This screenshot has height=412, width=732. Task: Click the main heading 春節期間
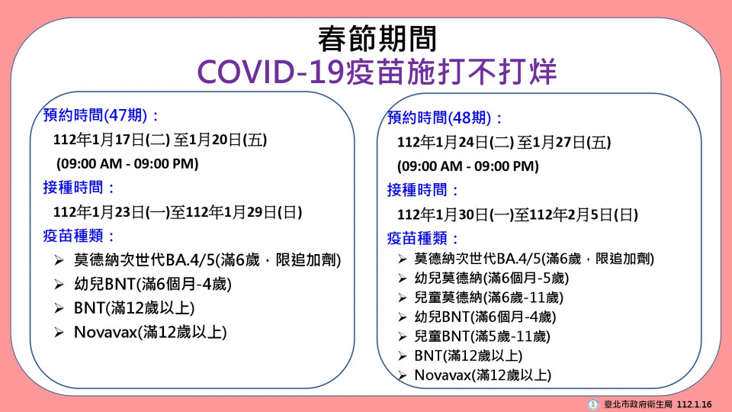pyautogui.click(x=377, y=39)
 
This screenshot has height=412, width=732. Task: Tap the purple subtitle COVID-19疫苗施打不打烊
pyautogui.click(x=377, y=72)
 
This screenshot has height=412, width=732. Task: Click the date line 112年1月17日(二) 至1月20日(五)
pyautogui.click(x=160, y=140)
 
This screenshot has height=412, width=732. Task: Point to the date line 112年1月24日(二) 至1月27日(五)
pyautogui.click(x=504, y=143)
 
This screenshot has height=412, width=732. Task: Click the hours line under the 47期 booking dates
pyautogui.click(x=127, y=163)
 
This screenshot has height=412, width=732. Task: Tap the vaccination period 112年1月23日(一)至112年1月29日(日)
pyautogui.click(x=178, y=212)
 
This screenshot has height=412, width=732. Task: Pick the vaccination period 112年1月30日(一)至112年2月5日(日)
pyautogui.click(x=518, y=215)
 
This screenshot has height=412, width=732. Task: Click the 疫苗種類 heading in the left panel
pyautogui.click(x=79, y=236)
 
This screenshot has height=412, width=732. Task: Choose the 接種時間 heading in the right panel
pyautogui.click(x=422, y=190)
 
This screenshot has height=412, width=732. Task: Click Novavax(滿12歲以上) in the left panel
pyautogui.click(x=150, y=332)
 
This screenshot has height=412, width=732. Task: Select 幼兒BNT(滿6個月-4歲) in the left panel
pyautogui.click(x=152, y=284)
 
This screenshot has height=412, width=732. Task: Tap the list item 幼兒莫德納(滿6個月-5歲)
pyautogui.click(x=492, y=278)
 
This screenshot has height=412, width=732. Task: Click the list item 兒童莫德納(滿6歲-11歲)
pyautogui.click(x=489, y=298)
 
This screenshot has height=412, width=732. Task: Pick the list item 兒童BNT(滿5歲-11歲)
pyautogui.click(x=482, y=336)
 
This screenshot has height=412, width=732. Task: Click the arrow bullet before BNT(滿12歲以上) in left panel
pyautogui.click(x=59, y=308)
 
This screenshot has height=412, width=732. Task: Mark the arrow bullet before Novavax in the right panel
pyautogui.click(x=403, y=375)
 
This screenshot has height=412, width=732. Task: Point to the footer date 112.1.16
pyautogui.click(x=694, y=404)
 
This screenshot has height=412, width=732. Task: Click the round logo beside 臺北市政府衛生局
pyautogui.click(x=593, y=404)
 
